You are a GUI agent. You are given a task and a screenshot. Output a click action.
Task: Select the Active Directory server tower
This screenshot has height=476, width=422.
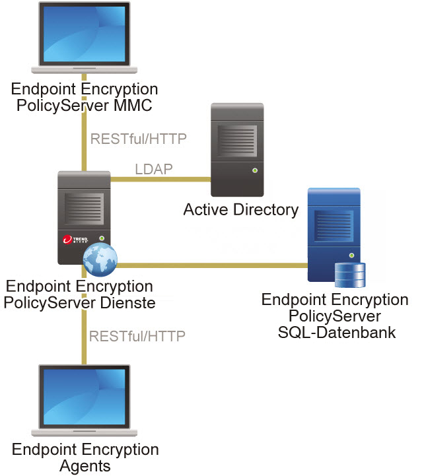click(237, 149)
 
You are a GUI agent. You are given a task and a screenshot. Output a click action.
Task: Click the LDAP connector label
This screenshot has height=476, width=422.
click(154, 169)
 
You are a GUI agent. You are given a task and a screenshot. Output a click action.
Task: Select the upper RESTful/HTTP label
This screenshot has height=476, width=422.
click(138, 139)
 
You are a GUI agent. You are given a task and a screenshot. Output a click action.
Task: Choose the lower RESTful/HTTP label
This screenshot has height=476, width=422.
click(138, 335)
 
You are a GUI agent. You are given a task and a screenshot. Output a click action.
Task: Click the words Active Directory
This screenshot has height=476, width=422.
click(240, 211)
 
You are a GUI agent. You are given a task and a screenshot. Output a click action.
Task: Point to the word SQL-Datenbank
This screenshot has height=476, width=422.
click(335, 331)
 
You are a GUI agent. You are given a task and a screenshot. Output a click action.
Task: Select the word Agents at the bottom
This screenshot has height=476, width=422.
click(85, 465)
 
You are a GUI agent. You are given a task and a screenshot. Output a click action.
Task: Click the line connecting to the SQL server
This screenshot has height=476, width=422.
click(211, 266)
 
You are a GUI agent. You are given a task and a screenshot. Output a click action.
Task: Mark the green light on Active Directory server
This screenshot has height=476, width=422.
click(254, 170)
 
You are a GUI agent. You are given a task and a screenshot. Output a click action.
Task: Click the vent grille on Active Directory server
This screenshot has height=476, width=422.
click(236, 137)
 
